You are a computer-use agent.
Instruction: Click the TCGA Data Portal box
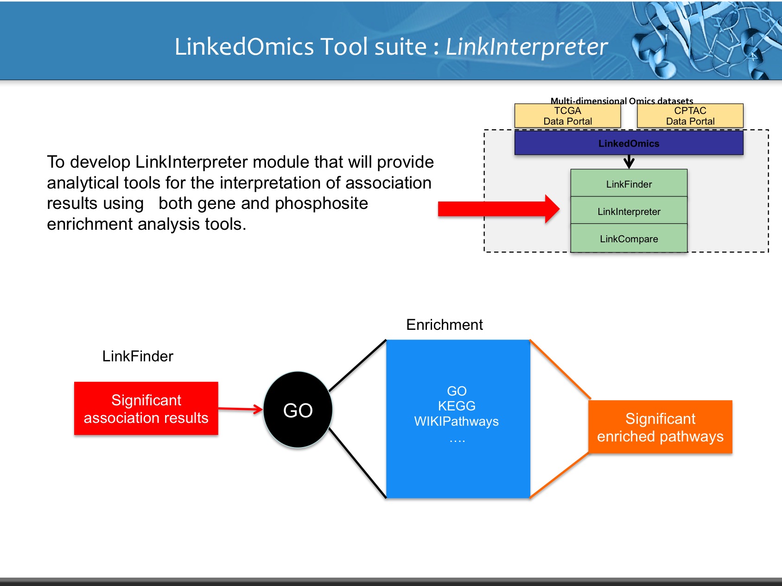(x=567, y=116)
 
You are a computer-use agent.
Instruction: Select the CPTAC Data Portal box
(x=690, y=116)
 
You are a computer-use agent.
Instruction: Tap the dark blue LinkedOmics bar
(x=629, y=143)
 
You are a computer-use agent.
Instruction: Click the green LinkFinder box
(x=629, y=184)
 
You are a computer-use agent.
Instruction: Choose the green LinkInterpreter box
(x=629, y=211)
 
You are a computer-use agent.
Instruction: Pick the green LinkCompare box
(x=629, y=239)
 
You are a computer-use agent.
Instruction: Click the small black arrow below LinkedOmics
(x=629, y=162)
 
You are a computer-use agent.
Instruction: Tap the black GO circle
(x=298, y=410)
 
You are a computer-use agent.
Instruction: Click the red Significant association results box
(x=146, y=409)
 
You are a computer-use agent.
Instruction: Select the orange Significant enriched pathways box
(x=660, y=427)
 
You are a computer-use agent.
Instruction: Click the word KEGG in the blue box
(x=457, y=406)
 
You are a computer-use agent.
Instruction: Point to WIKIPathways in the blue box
(x=456, y=421)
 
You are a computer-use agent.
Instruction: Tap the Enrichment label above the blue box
(x=444, y=325)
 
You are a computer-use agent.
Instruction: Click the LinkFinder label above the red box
(x=138, y=356)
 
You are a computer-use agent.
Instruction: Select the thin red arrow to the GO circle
(x=240, y=409)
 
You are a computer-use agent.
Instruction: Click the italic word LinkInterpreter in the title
(x=526, y=47)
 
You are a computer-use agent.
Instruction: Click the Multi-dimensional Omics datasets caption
(x=622, y=100)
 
